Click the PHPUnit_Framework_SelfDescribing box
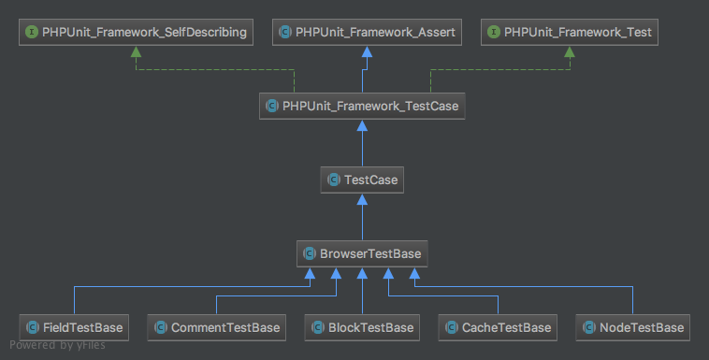point(136,32)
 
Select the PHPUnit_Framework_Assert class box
point(367,32)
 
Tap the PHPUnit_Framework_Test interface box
point(570,32)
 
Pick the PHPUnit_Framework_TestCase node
point(362,106)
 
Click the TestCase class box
point(362,180)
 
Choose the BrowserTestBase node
point(362,253)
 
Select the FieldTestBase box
point(74,327)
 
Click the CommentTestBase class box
point(217,327)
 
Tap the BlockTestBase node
point(362,327)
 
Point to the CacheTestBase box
point(498,327)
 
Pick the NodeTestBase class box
point(632,327)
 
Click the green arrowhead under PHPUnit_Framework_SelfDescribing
point(137,51)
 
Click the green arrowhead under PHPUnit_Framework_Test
point(570,51)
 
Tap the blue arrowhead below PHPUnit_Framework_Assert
point(368,51)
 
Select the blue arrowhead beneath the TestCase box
point(362,199)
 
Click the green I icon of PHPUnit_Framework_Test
point(493,32)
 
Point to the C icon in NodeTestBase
point(588,327)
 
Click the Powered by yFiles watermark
point(57,345)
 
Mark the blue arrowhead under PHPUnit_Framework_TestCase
point(362,125)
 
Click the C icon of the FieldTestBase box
point(33,327)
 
